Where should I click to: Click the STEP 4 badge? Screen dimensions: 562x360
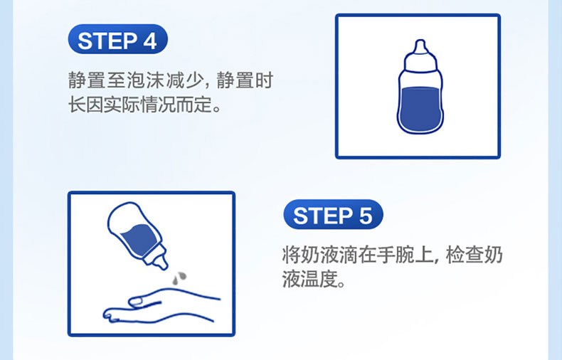click(x=117, y=39)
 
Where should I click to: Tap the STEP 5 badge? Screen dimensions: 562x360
click(x=333, y=214)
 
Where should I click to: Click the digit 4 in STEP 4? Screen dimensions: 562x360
click(x=150, y=41)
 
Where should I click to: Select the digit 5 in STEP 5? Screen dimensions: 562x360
click(x=365, y=216)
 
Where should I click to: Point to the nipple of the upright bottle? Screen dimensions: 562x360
click(x=420, y=47)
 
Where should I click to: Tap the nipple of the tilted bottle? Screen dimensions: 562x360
click(x=160, y=262)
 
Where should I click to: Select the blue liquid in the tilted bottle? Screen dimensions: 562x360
click(x=138, y=239)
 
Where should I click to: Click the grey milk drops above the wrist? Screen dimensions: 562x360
click(x=179, y=278)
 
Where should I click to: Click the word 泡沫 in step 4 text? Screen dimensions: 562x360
click(x=136, y=80)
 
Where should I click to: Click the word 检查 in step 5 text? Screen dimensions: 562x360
click(x=465, y=255)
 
